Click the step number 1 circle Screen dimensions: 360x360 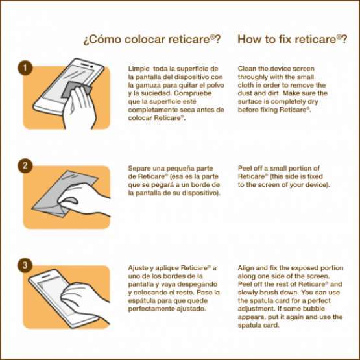coord(25,67)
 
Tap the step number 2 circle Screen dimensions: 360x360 coord(25,166)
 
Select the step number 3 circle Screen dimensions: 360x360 coord(25,265)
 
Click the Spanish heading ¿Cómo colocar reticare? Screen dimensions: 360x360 coord(152,40)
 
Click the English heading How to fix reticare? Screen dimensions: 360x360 coord(293,40)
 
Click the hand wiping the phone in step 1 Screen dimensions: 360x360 coord(79,108)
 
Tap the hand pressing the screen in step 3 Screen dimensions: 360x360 coord(85,301)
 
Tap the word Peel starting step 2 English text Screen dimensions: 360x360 coord(244,168)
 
